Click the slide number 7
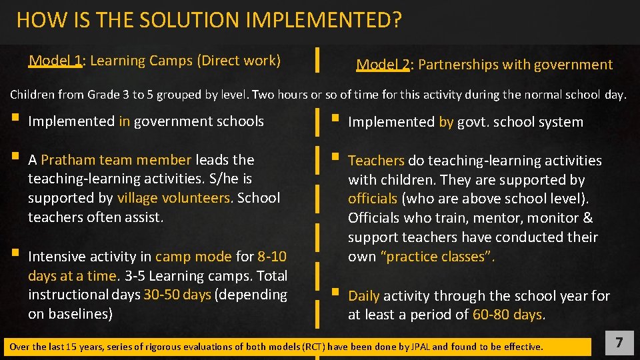[x=619, y=343]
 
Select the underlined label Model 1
[x=55, y=61]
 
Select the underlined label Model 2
[x=383, y=65]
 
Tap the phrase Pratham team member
[x=116, y=160]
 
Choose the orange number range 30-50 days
[x=177, y=295]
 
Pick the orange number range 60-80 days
[x=507, y=315]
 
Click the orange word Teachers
[x=376, y=161]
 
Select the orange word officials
[x=373, y=199]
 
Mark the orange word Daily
[x=364, y=296]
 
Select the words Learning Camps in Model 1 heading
[x=141, y=61]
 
